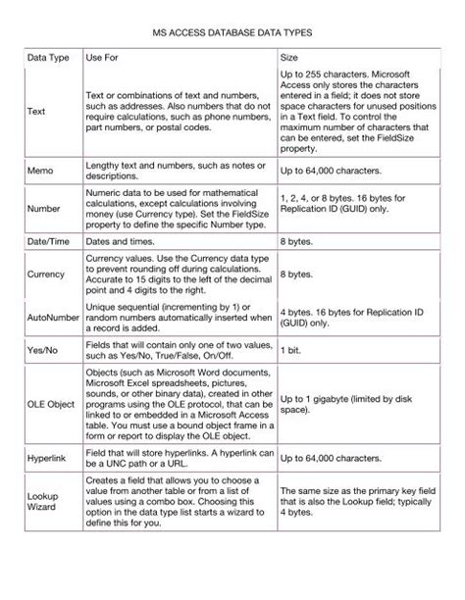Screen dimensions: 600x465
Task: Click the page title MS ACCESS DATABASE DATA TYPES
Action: tap(232, 32)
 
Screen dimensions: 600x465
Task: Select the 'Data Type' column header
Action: tap(47, 58)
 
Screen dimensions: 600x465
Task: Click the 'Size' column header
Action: tap(289, 58)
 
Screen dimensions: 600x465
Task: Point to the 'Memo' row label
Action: tap(39, 171)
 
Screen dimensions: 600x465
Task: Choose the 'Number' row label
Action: tap(42, 208)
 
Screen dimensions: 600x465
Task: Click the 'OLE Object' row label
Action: tap(50, 403)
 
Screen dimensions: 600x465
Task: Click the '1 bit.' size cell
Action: tap(291, 350)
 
